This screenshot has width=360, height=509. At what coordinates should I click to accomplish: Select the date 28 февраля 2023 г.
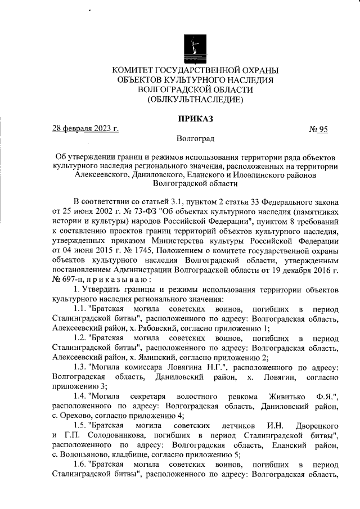[x=85, y=128]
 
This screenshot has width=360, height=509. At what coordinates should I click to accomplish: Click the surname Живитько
[x=277, y=398]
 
